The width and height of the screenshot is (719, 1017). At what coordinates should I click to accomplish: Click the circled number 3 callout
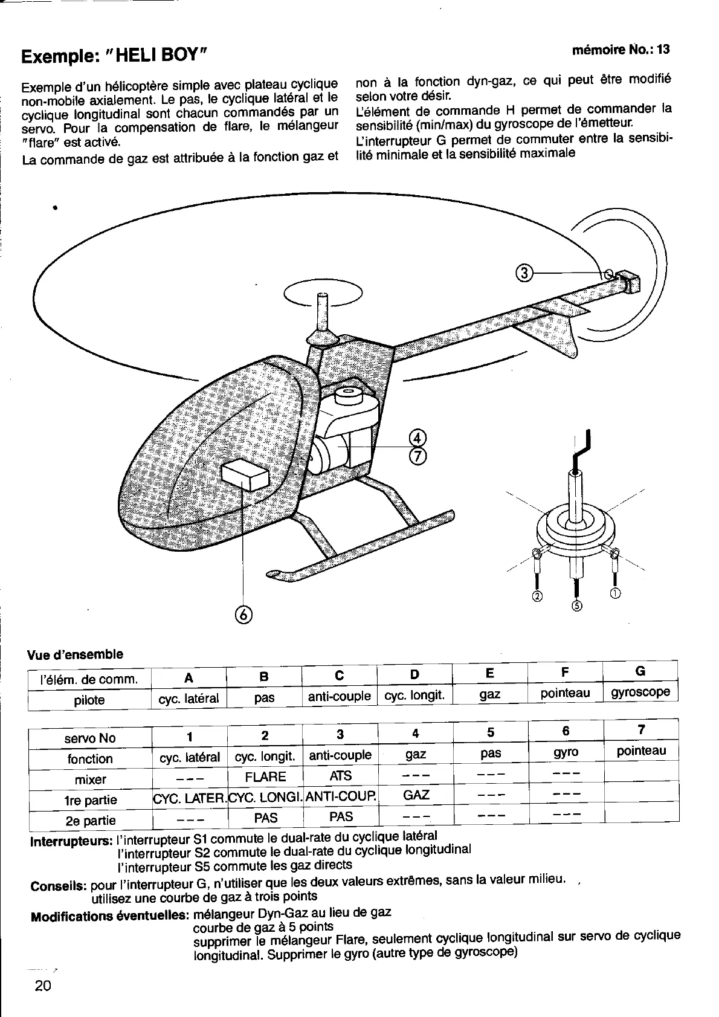pos(524,273)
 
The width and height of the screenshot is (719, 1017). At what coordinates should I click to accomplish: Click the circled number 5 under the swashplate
pos(576,606)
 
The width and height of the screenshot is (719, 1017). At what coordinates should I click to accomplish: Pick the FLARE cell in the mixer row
pos(265,776)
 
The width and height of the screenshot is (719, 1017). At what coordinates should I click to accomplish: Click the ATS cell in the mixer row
pos(340,775)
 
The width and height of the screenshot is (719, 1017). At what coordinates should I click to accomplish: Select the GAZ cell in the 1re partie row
pos(416,795)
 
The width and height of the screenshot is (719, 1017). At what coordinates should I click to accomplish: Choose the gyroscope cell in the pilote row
pos(640,691)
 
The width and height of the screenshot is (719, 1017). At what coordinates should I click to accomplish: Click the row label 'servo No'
pos(90,738)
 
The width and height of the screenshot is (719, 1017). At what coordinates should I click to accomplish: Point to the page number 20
pos(43,986)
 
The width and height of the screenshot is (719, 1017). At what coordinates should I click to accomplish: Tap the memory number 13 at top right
pos(663,50)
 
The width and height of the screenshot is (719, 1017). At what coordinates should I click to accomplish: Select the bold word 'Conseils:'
pos(59,887)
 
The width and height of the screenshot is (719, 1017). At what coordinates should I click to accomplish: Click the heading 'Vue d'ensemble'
pos(75,654)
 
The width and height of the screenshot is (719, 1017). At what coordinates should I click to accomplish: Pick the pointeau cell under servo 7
pos(641,751)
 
